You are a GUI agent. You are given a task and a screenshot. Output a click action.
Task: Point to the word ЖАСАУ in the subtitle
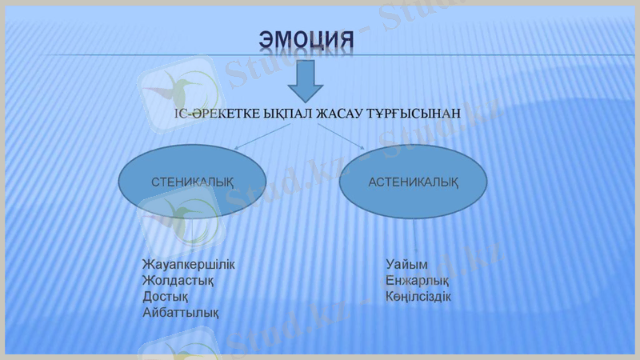coord(340,114)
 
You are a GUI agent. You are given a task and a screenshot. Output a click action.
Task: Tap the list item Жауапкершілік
coord(188,265)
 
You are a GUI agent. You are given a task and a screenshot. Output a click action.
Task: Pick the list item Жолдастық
coord(178,281)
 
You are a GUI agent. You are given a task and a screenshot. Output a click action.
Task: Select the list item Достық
coord(166,297)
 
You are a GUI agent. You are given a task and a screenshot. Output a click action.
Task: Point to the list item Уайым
coord(406,265)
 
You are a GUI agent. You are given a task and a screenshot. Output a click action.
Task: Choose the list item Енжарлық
coord(417,281)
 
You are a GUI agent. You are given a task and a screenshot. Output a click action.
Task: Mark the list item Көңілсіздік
coord(418,297)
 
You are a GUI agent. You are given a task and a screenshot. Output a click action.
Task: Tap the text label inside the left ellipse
coord(192,182)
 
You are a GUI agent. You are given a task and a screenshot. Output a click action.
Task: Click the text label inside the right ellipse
coord(413,182)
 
